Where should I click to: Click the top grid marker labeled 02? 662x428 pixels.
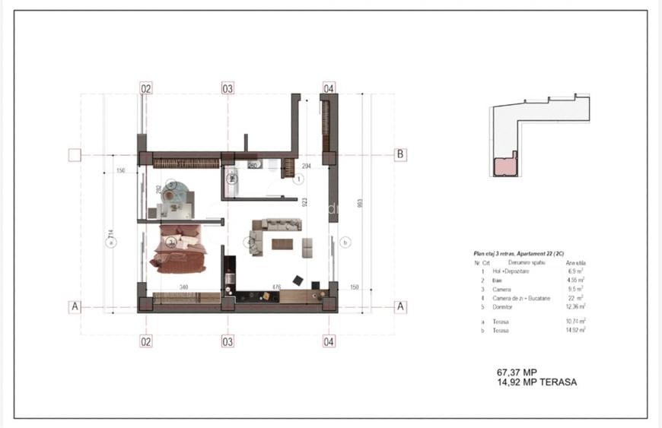tap(145, 88)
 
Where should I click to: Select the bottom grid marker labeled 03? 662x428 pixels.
tap(228, 341)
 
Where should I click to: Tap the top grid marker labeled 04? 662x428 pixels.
tap(329, 88)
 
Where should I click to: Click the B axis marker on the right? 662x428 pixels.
tap(400, 154)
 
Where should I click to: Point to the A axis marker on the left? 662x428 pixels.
tap(75, 307)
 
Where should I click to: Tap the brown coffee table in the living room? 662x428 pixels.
tap(282, 244)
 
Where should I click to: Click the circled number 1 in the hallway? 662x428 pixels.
tap(299, 179)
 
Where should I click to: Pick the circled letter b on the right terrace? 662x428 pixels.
tap(345, 243)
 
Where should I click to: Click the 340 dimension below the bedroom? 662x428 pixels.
tap(183, 287)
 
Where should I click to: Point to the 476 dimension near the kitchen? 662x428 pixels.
tap(277, 287)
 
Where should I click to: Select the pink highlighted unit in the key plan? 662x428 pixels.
tap(504, 166)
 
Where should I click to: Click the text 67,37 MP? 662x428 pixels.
tap(522, 373)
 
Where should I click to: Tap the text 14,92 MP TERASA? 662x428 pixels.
tap(536, 382)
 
